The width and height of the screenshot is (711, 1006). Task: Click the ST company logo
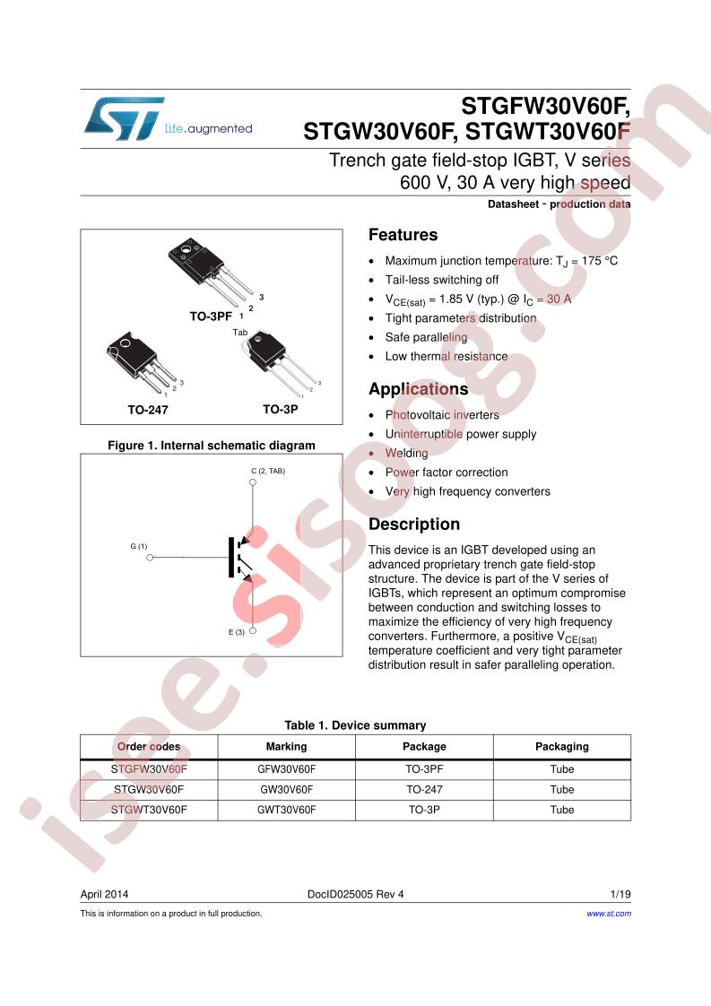click(x=123, y=118)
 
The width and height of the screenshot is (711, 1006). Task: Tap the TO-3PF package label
click(x=211, y=317)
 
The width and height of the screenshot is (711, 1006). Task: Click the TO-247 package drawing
click(x=144, y=362)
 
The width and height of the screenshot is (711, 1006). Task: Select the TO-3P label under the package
click(x=281, y=410)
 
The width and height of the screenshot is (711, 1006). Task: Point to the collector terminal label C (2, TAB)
click(x=268, y=471)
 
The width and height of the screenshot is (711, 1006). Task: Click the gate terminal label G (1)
click(x=139, y=547)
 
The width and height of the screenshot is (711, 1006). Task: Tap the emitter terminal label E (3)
click(x=236, y=632)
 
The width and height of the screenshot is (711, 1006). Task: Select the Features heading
click(x=403, y=235)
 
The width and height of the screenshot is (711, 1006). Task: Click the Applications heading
click(x=419, y=389)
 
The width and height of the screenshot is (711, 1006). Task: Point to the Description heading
click(x=414, y=525)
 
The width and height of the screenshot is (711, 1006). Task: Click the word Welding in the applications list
click(x=406, y=453)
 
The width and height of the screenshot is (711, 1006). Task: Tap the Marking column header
click(x=286, y=747)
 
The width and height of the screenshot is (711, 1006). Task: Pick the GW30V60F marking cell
click(x=286, y=790)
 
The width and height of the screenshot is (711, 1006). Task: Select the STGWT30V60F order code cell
click(x=149, y=810)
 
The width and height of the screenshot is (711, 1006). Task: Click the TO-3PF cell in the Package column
click(x=424, y=769)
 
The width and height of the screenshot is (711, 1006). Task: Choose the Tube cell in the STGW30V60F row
click(x=562, y=790)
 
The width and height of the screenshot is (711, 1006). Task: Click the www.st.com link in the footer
click(x=608, y=914)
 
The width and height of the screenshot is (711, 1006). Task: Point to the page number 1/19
click(x=620, y=894)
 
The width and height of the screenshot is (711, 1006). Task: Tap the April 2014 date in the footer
click(x=104, y=894)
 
